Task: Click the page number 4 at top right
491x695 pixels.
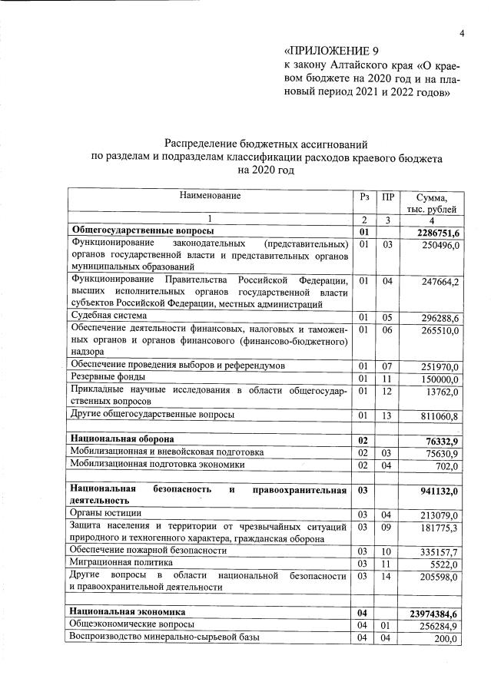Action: click(463, 33)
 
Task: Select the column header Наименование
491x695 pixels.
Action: click(210, 197)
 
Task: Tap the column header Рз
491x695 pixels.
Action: click(364, 197)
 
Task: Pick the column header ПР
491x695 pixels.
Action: click(387, 197)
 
